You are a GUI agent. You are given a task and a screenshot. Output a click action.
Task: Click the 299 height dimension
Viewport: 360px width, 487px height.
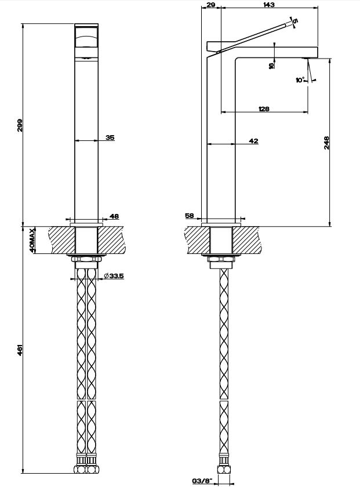click(20, 125)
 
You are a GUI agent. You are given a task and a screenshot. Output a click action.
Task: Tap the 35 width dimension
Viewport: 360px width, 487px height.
click(110, 137)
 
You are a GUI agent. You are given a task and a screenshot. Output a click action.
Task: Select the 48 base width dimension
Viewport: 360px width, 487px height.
click(114, 216)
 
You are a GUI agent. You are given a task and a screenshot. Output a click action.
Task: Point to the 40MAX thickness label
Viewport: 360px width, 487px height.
click(32, 240)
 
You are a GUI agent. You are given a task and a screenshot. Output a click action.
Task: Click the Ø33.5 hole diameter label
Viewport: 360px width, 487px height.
click(117, 276)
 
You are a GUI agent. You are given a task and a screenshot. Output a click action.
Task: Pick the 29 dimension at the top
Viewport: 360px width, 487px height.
click(211, 5)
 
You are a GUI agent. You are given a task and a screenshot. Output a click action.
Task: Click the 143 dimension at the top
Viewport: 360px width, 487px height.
click(268, 5)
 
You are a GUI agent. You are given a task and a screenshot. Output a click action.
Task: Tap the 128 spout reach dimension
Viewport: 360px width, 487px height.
click(264, 109)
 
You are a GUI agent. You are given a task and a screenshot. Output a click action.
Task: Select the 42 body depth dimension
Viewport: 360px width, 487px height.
click(253, 141)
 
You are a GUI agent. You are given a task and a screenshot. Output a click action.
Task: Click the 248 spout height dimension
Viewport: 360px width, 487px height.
click(326, 142)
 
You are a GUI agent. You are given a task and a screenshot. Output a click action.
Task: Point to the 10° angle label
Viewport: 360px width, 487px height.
click(300, 80)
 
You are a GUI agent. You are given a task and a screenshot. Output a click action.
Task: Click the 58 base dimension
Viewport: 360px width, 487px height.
click(189, 216)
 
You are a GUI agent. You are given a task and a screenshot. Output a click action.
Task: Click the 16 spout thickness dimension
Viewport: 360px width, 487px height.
click(271, 66)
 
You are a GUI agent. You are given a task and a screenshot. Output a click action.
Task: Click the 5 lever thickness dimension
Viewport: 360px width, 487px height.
click(295, 21)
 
